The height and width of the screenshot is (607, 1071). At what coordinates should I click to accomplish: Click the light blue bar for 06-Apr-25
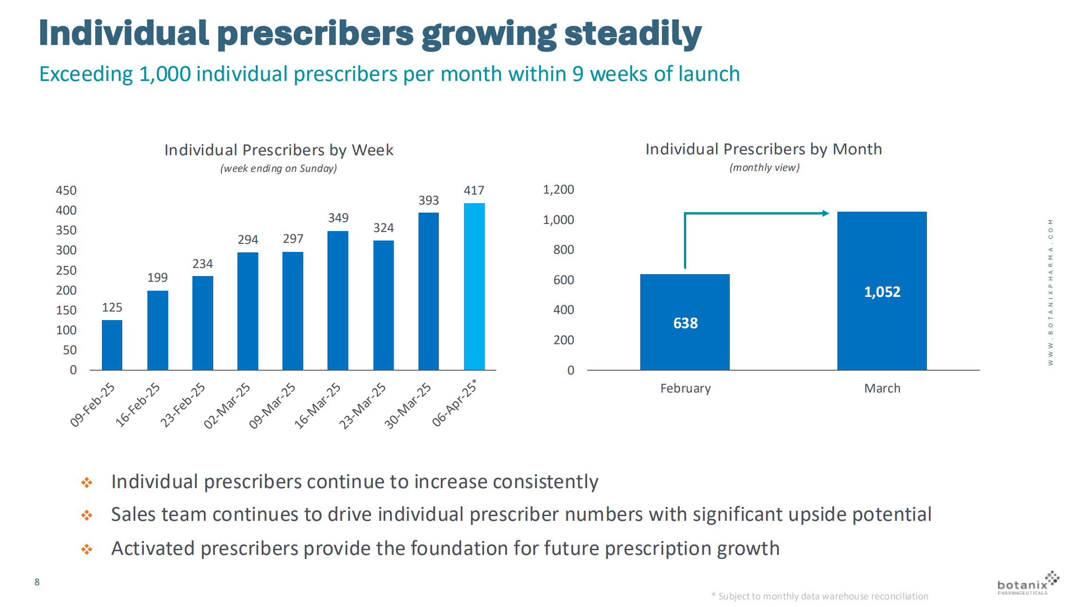tap(474, 286)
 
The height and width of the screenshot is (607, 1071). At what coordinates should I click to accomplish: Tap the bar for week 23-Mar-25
tap(383, 305)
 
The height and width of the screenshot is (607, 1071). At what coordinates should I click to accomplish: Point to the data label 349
tap(338, 218)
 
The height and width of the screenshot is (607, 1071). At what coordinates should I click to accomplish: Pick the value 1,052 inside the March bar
tap(882, 292)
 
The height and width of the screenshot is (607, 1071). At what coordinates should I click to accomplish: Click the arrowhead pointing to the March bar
tap(826, 214)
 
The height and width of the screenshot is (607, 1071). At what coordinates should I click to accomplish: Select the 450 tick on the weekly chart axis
tap(66, 190)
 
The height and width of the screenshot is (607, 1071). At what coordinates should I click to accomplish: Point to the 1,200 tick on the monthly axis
tap(558, 189)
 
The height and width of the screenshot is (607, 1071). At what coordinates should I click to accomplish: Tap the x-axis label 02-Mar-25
tap(227, 405)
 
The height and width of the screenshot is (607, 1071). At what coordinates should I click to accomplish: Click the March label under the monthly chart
tap(882, 388)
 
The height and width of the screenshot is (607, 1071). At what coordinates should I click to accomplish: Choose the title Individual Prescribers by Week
tap(279, 150)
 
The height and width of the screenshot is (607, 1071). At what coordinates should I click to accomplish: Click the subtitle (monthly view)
tap(764, 168)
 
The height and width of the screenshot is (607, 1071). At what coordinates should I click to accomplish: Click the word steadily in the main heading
tap(633, 34)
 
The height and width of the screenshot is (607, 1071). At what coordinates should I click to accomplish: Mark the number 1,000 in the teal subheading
tap(164, 74)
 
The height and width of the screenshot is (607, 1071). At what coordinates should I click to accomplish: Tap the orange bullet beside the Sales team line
tap(87, 515)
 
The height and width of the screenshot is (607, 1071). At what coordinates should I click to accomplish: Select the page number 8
tap(37, 582)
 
